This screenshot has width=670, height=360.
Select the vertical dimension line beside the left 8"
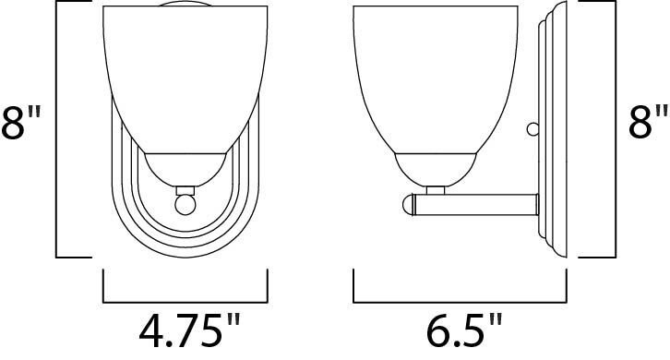click(57, 129)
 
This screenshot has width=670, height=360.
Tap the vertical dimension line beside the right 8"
click(614, 129)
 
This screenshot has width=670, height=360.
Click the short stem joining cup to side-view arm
click(437, 189)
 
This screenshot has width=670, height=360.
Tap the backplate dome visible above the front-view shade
click(184, 6)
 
